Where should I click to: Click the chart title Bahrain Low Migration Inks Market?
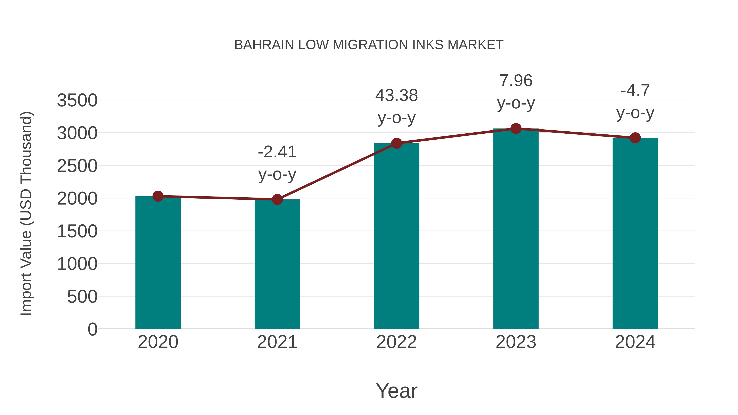click(369, 45)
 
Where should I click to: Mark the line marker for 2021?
click(277, 199)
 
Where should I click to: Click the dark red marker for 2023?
click(516, 128)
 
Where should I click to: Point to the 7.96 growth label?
click(516, 91)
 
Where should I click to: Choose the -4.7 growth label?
click(635, 101)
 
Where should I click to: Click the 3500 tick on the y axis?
click(77, 101)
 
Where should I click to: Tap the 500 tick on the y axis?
click(82, 297)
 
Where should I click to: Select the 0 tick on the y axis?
click(92, 329)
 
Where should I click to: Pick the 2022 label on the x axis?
click(396, 342)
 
